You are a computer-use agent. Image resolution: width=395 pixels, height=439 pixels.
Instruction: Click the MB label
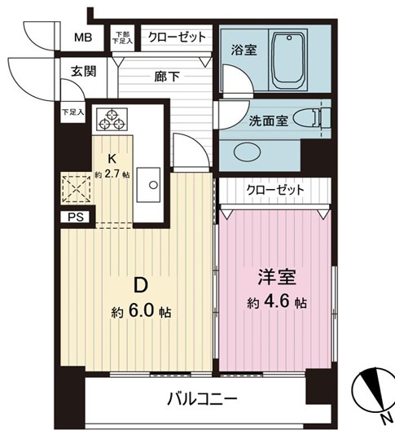(84, 37)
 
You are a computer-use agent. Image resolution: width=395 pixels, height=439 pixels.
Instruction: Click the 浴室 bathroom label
(244, 50)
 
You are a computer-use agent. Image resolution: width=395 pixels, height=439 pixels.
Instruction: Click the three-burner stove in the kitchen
(113, 121)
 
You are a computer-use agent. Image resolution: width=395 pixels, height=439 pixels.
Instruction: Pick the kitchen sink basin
(149, 183)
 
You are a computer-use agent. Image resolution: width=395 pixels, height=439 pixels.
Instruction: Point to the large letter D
(140, 285)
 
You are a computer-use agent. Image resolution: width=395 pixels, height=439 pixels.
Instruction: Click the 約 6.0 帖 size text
(141, 312)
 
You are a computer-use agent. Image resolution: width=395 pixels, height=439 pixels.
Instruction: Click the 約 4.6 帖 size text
(277, 303)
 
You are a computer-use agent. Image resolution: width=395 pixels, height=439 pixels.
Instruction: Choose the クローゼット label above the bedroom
(275, 190)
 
